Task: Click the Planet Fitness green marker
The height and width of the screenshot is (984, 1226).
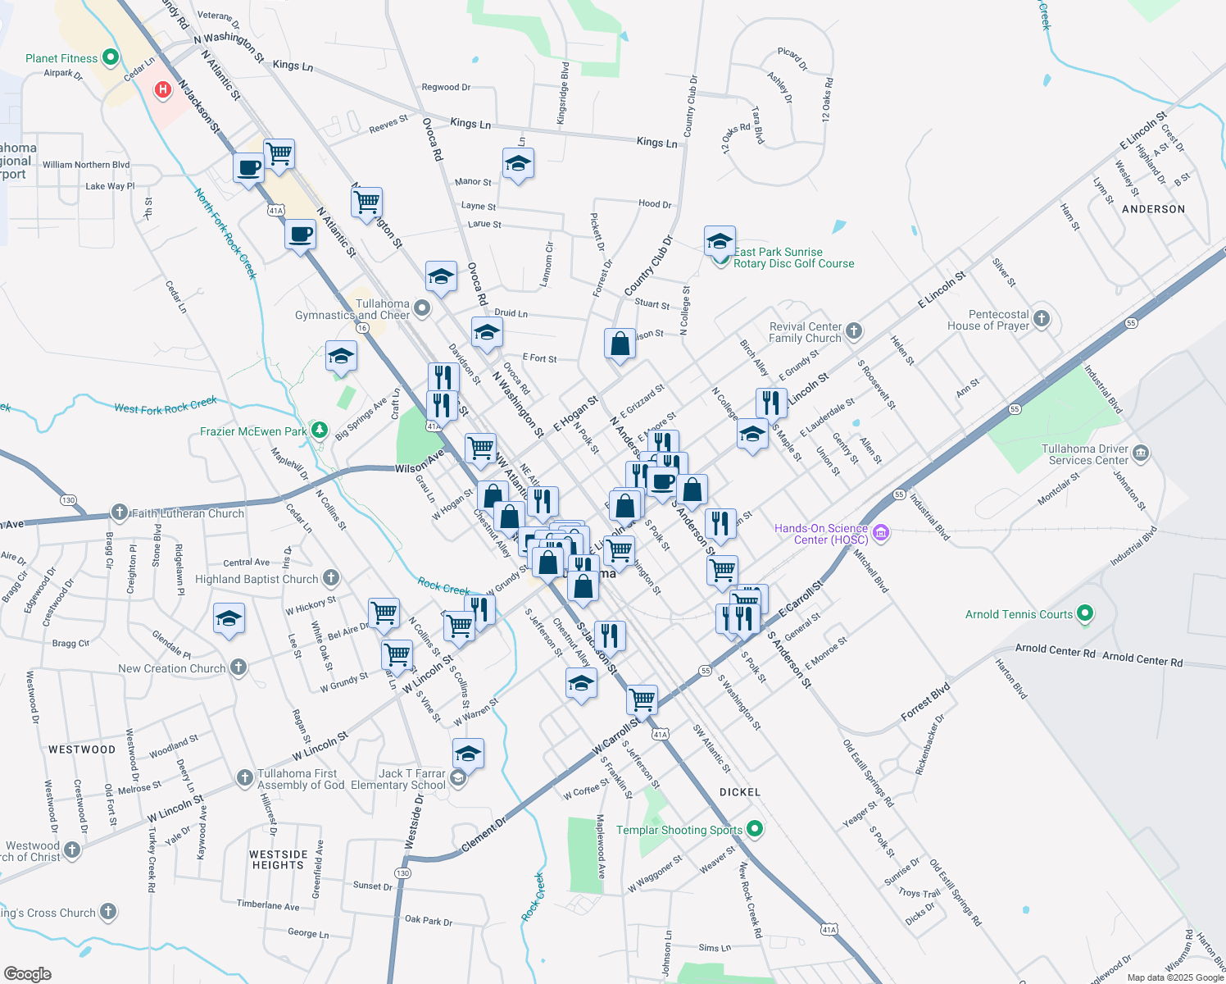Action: coord(111,57)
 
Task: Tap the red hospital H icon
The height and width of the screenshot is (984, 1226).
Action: coord(163,89)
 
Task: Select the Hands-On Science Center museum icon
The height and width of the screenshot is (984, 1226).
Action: coord(881,534)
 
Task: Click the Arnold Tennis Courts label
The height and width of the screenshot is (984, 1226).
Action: coord(1019,614)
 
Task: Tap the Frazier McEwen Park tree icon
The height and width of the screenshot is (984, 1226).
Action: coord(320,430)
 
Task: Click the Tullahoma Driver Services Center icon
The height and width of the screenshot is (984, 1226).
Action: coord(1142,453)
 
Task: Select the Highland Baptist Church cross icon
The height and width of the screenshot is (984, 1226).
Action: coord(331,578)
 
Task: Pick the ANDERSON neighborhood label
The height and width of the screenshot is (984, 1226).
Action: coord(1153,209)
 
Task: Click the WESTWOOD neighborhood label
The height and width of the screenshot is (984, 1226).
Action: coord(82,749)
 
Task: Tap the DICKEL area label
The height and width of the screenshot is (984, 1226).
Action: coord(740,792)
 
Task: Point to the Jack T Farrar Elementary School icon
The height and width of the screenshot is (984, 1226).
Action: coord(458,778)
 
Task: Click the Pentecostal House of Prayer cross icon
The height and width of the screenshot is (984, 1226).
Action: coord(1042,319)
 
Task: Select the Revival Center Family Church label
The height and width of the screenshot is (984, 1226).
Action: coord(805,332)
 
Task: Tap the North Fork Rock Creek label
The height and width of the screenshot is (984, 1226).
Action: coord(225,234)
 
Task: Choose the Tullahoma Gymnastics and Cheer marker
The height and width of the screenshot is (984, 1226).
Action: coord(422,308)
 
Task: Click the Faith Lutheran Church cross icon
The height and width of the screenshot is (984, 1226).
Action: coord(120,513)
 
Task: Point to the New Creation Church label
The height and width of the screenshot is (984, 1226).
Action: coord(171,668)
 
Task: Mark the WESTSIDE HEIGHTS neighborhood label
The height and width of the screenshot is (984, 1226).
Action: coord(279,859)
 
